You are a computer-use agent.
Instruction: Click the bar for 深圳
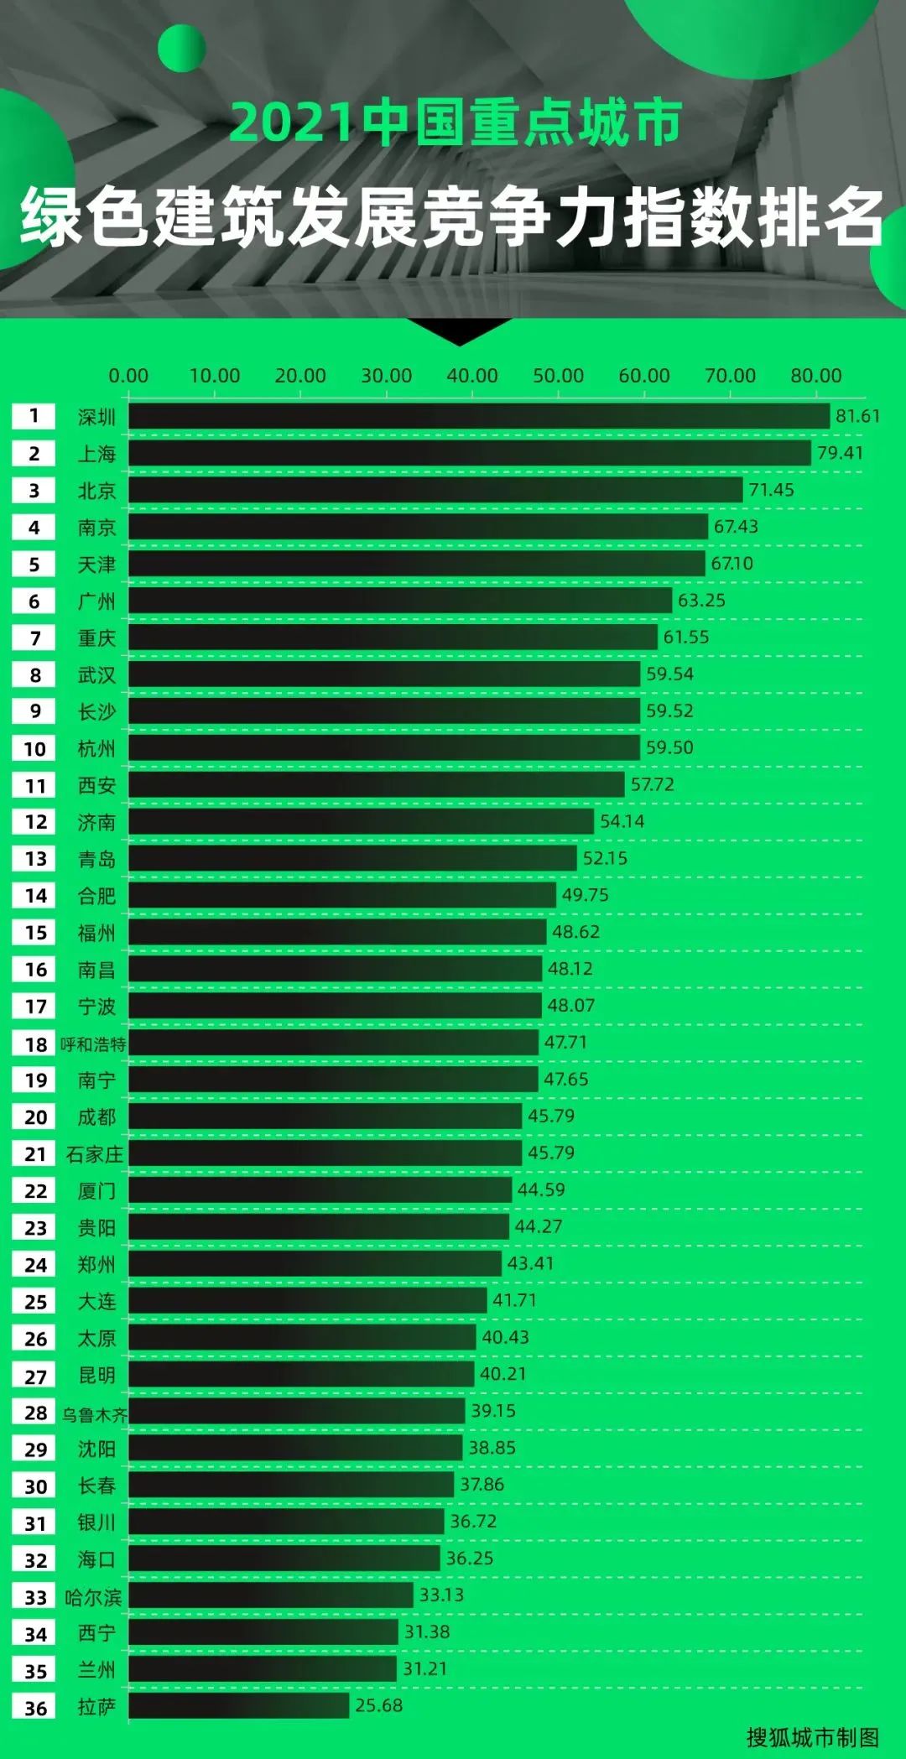coord(478,416)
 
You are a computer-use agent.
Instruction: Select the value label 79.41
coord(840,453)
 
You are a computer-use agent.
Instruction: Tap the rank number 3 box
coord(34,490)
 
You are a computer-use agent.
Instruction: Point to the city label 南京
coord(96,528)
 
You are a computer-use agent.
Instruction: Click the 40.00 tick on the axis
coord(472,376)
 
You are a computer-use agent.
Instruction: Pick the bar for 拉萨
coord(239,1705)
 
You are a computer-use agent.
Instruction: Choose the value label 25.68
coord(378,1705)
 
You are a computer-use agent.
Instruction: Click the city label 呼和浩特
coord(93,1044)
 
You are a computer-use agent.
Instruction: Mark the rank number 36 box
coord(34,1707)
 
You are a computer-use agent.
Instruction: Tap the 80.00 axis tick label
coord(816,376)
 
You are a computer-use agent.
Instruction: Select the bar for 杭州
coord(384,748)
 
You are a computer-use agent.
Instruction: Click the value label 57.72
coord(652,784)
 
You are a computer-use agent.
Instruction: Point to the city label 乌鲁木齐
coord(94,1414)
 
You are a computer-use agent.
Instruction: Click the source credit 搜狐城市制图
coord(812,1737)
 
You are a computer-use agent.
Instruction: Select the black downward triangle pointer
coord(460,331)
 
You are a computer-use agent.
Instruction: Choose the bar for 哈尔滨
coord(271,1595)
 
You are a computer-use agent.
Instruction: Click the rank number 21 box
coord(34,1154)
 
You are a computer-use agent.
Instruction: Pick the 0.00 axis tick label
coord(128,376)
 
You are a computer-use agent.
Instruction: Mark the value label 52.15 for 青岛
coord(605,858)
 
